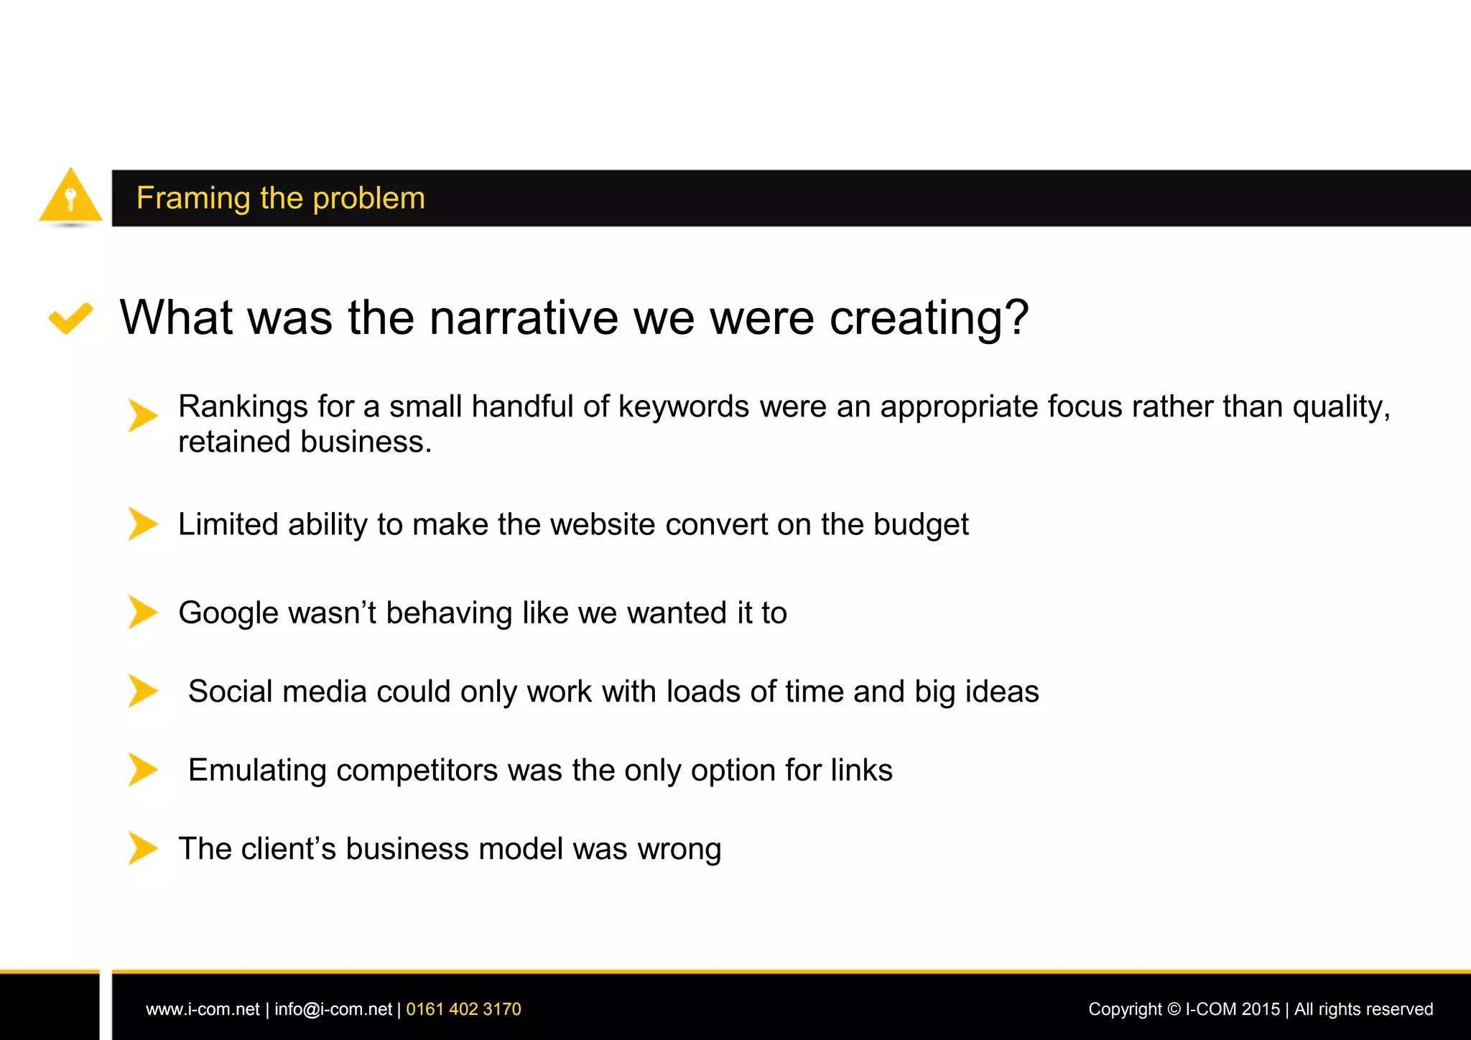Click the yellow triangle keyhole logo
[70, 196]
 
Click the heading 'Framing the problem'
[281, 198]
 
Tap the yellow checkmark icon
[70, 317]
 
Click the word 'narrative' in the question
[524, 317]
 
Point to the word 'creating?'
[929, 317]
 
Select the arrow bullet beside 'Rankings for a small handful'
[142, 414]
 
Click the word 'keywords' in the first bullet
[684, 407]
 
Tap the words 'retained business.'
[305, 442]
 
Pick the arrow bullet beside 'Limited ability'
[142, 524]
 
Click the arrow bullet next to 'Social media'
[142, 690]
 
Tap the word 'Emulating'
[257, 770]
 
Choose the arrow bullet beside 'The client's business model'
[142, 848]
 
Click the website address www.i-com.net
[203, 1009]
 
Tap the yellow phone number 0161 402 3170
[463, 1009]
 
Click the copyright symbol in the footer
[1174, 1009]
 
